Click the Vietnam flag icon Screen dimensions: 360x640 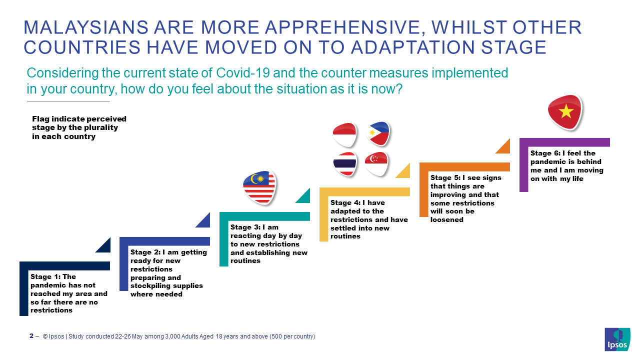pyautogui.click(x=565, y=112)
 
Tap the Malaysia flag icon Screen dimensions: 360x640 pyautogui.click(x=259, y=187)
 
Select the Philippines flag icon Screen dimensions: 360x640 pyautogui.click(x=378, y=133)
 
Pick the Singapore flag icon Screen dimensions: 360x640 pyautogui.click(x=377, y=163)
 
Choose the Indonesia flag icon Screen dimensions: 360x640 pyautogui.click(x=345, y=134)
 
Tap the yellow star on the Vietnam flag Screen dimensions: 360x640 pyautogui.click(x=566, y=111)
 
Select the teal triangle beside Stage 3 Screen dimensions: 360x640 pyautogui.click(x=304, y=197)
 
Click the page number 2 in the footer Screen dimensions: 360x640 pyautogui.click(x=31, y=336)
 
